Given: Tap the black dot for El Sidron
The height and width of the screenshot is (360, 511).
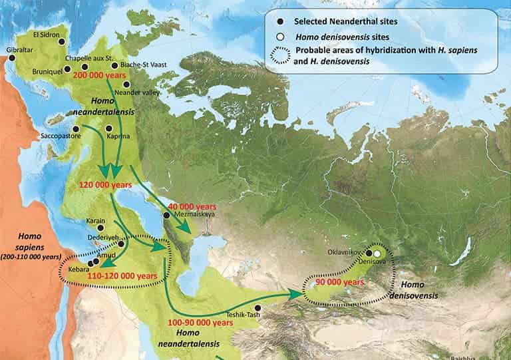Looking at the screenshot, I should [x=63, y=41].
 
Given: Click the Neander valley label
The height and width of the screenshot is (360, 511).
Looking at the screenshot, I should [x=138, y=92].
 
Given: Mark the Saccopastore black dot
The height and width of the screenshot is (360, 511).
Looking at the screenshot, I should [x=77, y=129].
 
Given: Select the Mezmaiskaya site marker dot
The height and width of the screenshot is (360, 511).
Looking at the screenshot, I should [x=166, y=215].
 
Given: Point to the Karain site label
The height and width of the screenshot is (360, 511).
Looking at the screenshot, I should [x=96, y=221].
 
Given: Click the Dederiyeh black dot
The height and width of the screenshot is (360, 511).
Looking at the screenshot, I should [x=122, y=244].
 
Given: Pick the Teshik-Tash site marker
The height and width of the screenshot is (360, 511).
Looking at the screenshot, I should [x=265, y=308].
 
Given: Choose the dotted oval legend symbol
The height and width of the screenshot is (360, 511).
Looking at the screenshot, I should [x=279, y=55].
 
